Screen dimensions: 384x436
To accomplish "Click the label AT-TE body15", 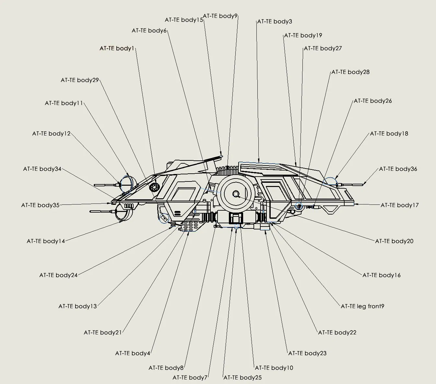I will pos(184,20).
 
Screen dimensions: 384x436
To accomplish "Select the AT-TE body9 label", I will pos(220,16).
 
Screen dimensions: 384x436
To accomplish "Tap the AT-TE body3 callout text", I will pos(275,22).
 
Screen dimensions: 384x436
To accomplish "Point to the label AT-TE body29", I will pos(80,80).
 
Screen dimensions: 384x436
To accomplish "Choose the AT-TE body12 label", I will pos(51,134).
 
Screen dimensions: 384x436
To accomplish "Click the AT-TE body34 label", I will pos(42,169).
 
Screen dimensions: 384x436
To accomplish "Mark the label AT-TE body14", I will pos(46,241).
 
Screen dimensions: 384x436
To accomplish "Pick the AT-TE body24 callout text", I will pos(58,275).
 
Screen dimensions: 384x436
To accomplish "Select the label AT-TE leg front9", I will pos(362,306).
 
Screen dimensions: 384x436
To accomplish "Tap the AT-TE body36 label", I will pos(398,169).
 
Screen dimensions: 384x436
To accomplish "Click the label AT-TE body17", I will pos(400,205).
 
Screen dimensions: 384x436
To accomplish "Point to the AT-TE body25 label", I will pos(242,378).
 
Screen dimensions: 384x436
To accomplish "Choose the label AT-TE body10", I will pos(274,368).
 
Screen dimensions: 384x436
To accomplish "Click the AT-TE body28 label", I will pos(350,72).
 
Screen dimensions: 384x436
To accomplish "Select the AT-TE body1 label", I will pos(117,49).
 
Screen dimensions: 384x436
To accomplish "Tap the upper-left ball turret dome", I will pos(126,183).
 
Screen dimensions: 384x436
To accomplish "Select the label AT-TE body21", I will pos(103,332).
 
